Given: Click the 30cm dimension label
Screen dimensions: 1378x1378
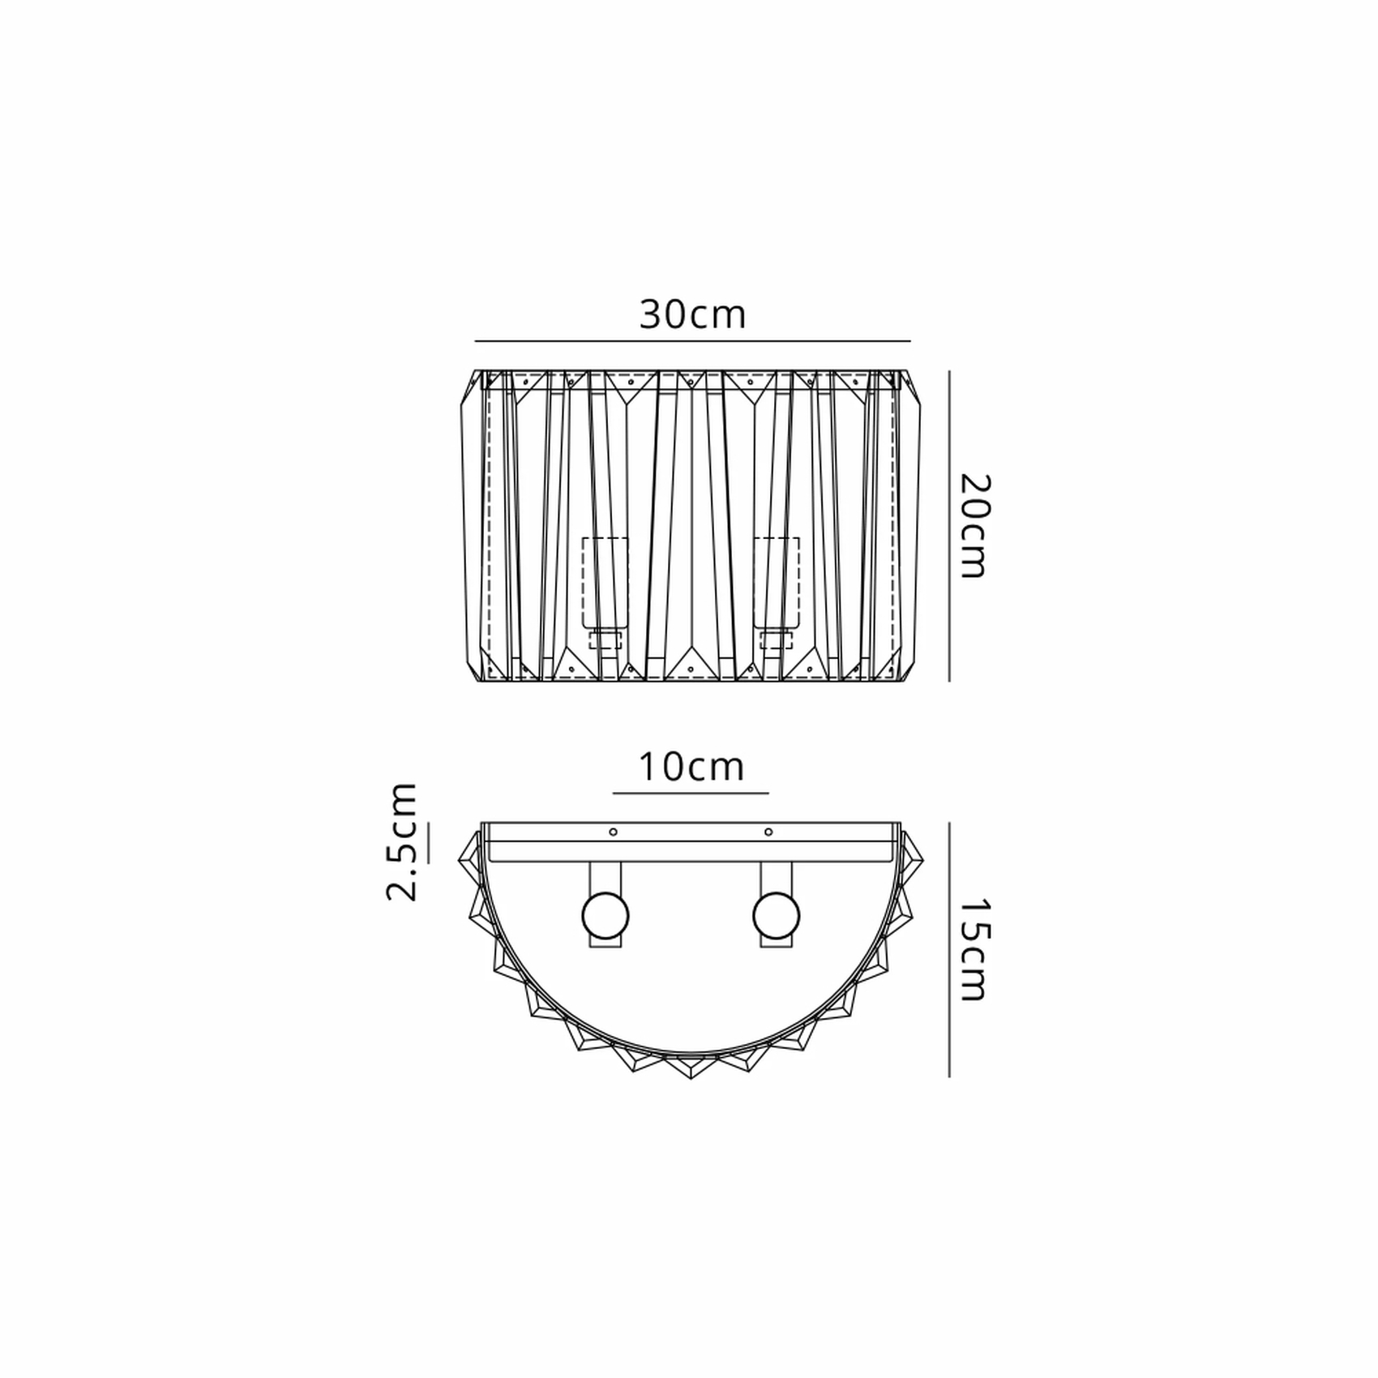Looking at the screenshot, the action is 692,315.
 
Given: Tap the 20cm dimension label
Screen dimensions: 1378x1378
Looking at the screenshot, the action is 974,525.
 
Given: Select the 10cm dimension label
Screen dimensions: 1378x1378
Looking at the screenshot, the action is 691,767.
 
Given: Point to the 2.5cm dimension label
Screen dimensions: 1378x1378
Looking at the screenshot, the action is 401,842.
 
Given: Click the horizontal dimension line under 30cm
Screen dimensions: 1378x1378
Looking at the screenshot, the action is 692,341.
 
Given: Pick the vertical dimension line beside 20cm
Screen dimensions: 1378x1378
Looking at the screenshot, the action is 949,526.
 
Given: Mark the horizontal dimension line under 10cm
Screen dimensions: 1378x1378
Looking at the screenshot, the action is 691,793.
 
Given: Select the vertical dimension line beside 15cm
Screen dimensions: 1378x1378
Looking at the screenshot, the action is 949,949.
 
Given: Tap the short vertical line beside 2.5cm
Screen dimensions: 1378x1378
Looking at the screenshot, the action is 429,842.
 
